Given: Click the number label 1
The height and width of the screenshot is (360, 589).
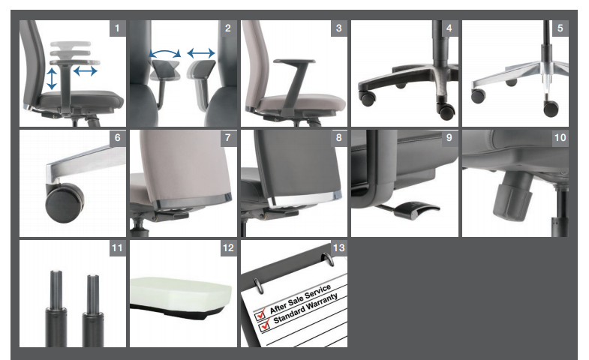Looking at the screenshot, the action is (118, 28).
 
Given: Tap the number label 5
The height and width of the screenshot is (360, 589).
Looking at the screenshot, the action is (560, 28).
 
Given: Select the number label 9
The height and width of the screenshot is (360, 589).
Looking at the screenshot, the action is (449, 138).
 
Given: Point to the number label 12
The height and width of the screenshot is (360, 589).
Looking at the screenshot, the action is (228, 248).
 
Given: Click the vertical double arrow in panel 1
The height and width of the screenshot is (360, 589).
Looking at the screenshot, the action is (52, 79).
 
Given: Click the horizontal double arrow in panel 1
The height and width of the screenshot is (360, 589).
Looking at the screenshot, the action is (86, 70).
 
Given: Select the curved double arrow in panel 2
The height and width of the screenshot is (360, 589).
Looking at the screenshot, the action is (165, 53).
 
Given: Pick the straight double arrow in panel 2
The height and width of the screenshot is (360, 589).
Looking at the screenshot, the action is (201, 53).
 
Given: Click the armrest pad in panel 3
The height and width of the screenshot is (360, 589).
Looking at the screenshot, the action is (294, 61).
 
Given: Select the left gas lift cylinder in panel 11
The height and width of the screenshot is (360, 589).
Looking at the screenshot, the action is (56, 308).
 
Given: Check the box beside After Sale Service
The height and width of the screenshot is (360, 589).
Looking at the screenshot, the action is (260, 314).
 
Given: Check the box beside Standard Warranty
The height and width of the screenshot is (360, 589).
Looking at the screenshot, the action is (265, 325).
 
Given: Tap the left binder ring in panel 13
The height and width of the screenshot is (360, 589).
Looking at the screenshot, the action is (258, 285).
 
